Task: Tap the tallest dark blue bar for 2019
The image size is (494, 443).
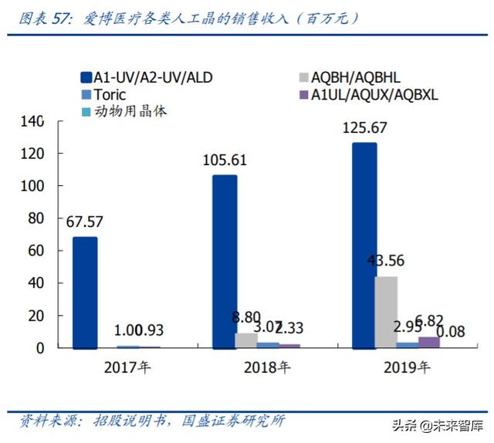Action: pos(364,245)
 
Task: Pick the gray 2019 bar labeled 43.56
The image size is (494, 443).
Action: pos(386,312)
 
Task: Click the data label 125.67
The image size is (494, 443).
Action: pos(364,129)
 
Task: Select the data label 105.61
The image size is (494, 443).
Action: pos(225,161)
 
